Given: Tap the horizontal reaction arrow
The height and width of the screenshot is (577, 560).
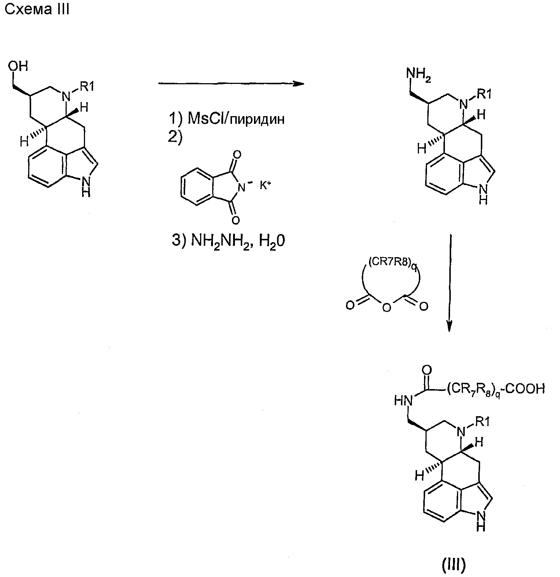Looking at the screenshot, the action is click(x=231, y=84).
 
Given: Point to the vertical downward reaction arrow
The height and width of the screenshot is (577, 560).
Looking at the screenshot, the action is click(x=450, y=284).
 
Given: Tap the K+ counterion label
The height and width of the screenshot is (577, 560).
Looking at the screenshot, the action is click(x=266, y=185).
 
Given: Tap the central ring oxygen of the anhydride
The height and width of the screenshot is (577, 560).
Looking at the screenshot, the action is click(x=386, y=308).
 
